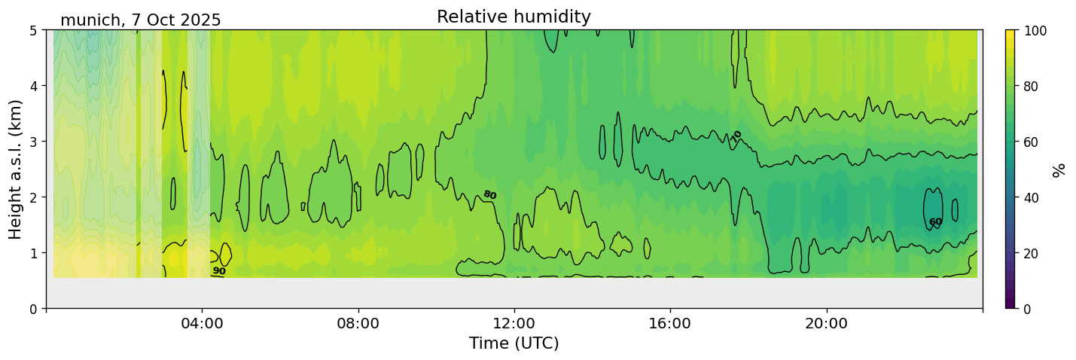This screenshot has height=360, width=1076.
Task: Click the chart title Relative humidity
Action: tap(514, 17)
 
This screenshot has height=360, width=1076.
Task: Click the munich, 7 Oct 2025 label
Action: tap(141, 20)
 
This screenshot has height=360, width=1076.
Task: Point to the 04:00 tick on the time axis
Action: tap(202, 324)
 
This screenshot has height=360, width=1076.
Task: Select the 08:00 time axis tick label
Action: tap(358, 324)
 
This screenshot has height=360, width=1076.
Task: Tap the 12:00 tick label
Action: tap(514, 324)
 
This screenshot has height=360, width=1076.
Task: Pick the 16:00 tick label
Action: tap(670, 324)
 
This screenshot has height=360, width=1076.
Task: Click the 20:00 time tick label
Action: tap(827, 324)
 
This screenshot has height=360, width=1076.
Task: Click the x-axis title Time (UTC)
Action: tap(514, 344)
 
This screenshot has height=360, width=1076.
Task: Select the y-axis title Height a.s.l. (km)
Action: tap(16, 169)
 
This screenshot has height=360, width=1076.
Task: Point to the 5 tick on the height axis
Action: tap(33, 31)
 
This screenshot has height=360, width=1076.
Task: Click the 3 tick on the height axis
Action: tap(33, 142)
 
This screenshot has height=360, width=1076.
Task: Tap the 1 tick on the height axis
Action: tap(33, 253)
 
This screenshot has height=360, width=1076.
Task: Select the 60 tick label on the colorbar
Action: tap(1031, 142)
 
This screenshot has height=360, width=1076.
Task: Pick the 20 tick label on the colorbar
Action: tap(1031, 253)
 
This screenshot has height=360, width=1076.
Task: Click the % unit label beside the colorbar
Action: tap(1059, 169)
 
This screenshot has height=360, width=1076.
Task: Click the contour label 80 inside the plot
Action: tap(489, 195)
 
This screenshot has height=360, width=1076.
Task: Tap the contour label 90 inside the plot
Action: tap(219, 271)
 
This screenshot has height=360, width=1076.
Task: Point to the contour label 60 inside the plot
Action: tap(935, 222)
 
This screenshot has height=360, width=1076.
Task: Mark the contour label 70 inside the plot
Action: tap(736, 136)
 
